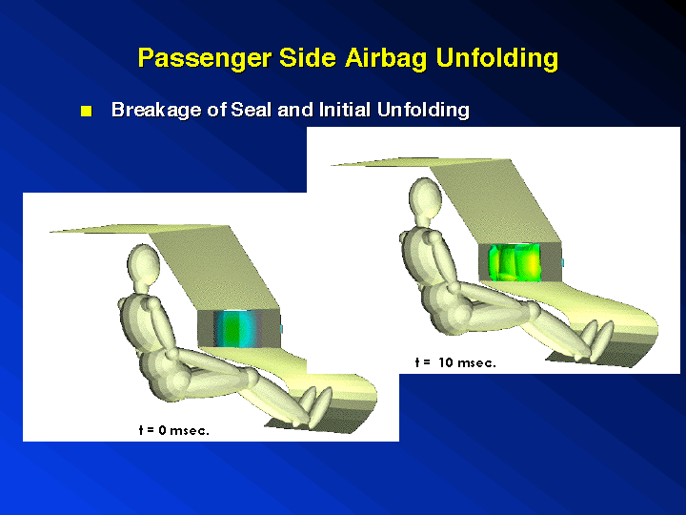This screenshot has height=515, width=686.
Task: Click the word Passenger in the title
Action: (x=204, y=58)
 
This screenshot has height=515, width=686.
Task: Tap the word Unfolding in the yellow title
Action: (x=497, y=58)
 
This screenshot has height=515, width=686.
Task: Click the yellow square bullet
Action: (x=86, y=111)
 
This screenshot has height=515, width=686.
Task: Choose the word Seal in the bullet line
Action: (x=251, y=109)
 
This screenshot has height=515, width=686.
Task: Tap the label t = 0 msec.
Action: (x=174, y=430)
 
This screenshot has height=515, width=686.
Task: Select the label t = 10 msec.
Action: (x=455, y=362)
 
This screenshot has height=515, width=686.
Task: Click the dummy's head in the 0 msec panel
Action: (x=143, y=264)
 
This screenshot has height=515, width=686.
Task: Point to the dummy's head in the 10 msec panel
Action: (x=425, y=197)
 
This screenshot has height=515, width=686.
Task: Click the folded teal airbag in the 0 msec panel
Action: (x=235, y=328)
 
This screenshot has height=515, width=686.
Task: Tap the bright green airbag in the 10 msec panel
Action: (x=514, y=262)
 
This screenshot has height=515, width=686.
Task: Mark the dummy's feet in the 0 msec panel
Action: (x=316, y=406)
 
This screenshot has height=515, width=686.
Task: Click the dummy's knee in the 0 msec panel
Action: (x=251, y=377)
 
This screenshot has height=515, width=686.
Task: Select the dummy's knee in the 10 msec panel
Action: (x=533, y=311)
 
